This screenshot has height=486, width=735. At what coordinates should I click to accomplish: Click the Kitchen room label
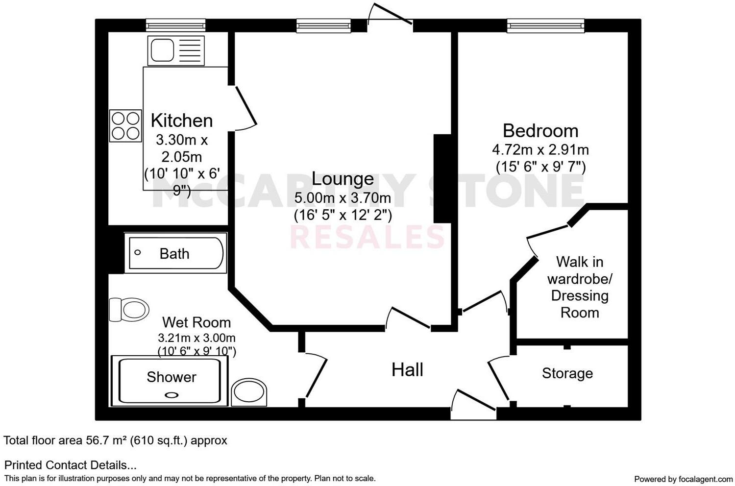[x=181, y=121]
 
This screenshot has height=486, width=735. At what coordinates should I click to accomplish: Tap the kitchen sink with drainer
[x=175, y=50]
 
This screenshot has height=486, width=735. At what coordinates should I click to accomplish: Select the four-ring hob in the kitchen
[x=125, y=126]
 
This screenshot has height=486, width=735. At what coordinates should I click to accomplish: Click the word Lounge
[x=343, y=179]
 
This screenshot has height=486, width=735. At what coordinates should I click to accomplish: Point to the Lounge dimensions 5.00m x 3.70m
[x=343, y=198]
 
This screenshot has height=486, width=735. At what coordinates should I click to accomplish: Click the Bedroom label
[x=540, y=131]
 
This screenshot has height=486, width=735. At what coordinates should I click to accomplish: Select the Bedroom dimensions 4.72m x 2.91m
[x=540, y=149]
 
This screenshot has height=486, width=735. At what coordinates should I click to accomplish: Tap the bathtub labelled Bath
[x=175, y=253]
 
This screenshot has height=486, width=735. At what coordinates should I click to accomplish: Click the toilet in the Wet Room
[x=130, y=310]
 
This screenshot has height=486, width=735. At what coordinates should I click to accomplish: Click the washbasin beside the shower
[x=249, y=392]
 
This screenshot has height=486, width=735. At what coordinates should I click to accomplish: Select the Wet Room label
[x=196, y=322]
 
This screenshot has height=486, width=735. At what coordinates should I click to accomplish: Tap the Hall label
[x=407, y=370]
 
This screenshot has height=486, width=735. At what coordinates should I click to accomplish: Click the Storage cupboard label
[x=567, y=373]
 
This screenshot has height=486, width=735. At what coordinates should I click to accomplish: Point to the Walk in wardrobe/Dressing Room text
[x=580, y=287]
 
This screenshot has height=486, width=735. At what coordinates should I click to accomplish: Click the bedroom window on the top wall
[x=545, y=25]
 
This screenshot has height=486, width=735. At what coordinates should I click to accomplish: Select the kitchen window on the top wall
[x=175, y=25]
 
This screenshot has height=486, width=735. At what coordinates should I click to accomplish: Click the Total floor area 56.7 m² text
[x=115, y=440]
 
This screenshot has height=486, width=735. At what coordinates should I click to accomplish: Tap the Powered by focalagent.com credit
[x=683, y=479]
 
